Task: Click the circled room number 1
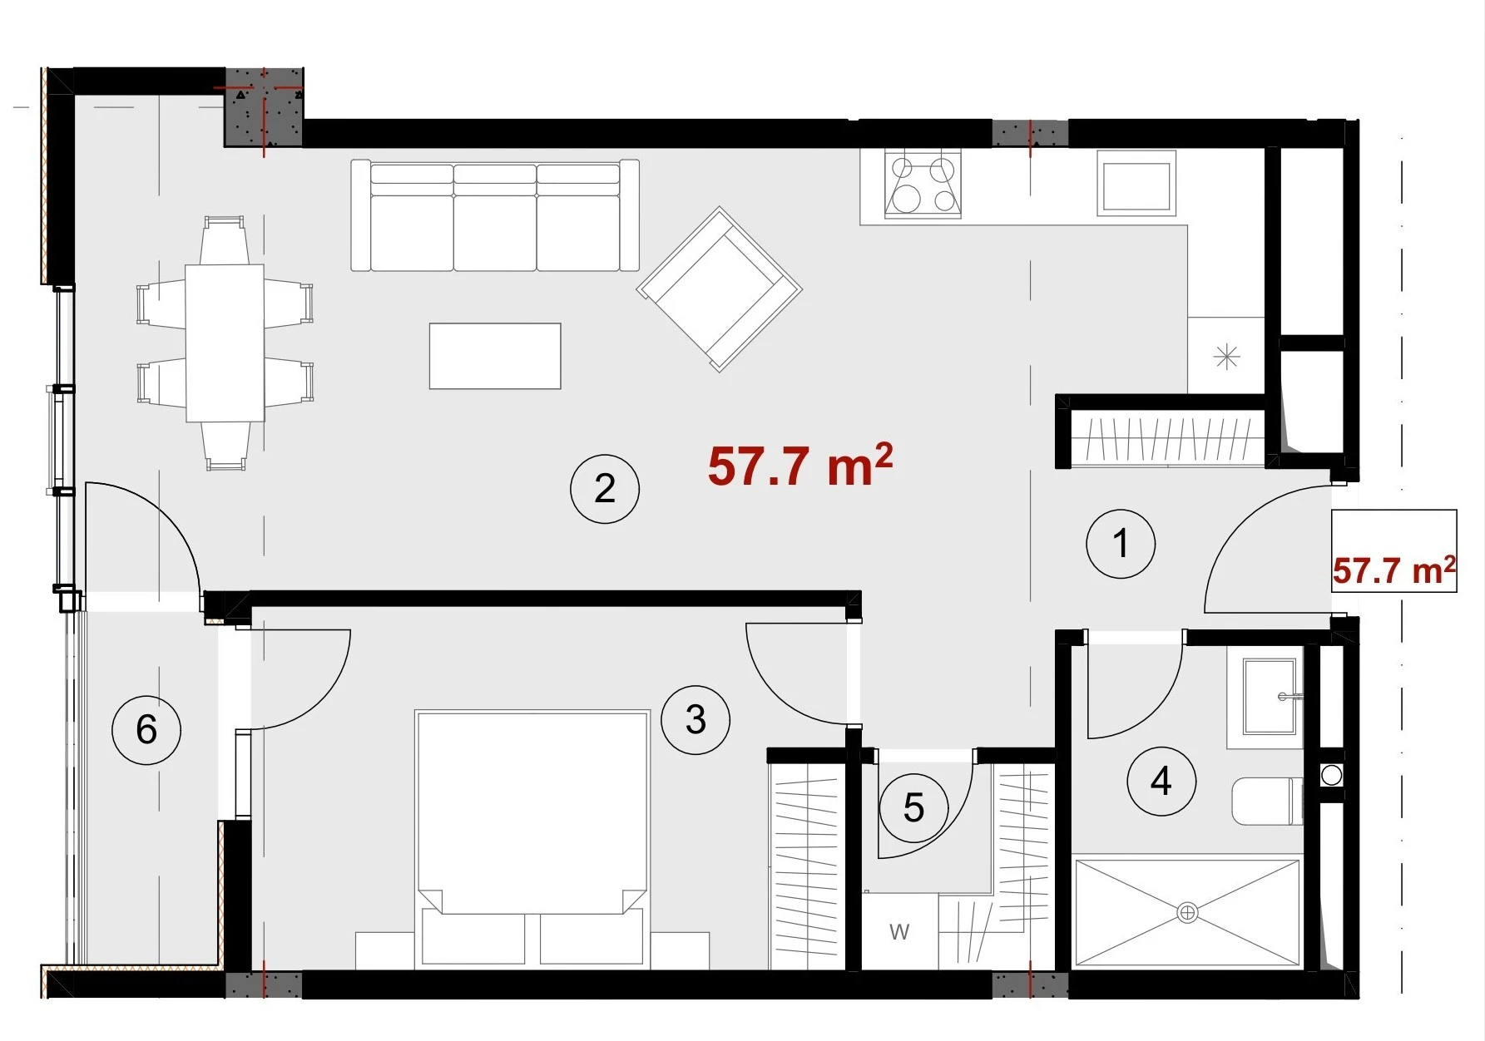point(1121,544)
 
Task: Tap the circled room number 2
point(605,489)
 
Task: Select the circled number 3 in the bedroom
point(695,720)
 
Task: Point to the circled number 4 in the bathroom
point(1161,781)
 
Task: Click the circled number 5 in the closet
point(914,808)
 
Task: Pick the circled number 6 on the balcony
point(146,730)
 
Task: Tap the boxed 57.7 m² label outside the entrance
point(1394,570)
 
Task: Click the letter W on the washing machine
point(899,932)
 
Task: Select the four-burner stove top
point(923,185)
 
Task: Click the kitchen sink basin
point(1136,184)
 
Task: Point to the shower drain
point(1187,913)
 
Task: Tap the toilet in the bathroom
point(1268,801)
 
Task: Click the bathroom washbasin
point(1269,697)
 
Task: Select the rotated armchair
point(720,289)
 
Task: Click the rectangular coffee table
point(495,356)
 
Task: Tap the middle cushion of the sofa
point(495,218)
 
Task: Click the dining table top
point(225,343)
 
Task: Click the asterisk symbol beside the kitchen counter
point(1227,358)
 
